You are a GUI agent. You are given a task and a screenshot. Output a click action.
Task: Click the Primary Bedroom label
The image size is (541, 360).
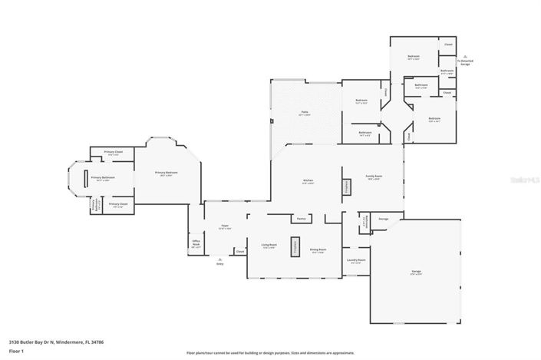[167, 173]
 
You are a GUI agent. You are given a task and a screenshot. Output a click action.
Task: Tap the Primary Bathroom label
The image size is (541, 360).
[103, 178]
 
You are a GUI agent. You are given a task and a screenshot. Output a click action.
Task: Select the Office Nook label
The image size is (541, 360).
[196, 245]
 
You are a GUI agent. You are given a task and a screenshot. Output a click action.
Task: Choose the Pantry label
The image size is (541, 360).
[302, 219]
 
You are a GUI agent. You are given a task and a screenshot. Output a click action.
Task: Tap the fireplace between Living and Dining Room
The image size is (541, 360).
[294, 247]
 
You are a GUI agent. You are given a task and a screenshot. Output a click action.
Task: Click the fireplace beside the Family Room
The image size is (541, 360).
[346, 186]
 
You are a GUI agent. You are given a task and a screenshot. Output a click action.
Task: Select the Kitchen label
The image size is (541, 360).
[308, 181]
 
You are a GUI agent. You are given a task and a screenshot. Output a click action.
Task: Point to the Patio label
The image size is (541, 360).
[305, 113]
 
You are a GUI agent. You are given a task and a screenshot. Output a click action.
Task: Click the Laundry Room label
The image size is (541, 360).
[357, 261]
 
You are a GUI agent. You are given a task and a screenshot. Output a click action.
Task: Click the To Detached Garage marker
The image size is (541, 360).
[463, 63]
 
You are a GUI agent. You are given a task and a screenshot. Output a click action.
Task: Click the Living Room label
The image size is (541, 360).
[269, 246]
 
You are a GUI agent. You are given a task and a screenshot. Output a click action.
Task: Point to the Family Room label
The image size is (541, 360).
[374, 177]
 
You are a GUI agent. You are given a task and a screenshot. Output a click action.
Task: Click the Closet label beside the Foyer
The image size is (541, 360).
[239, 251]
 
